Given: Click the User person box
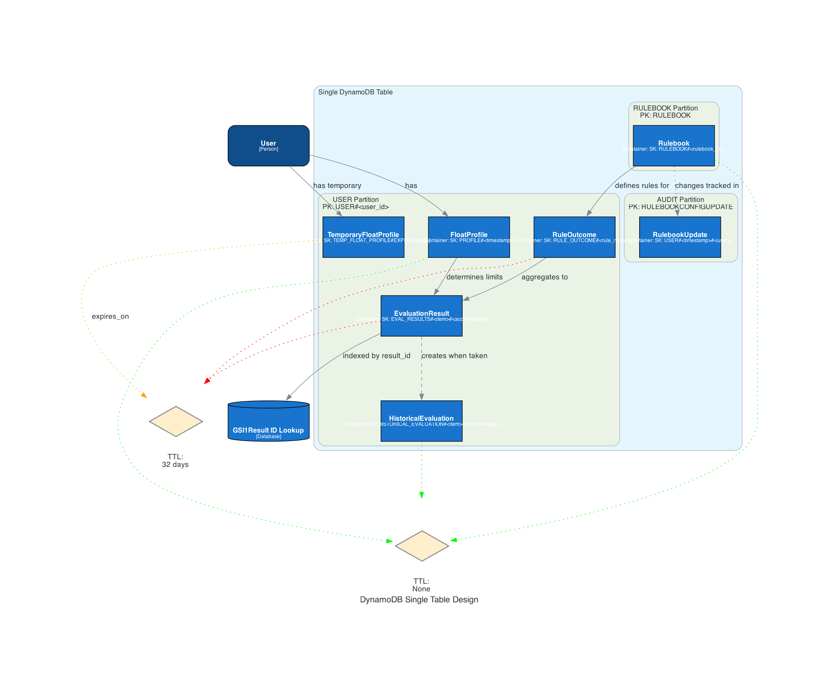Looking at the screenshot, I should click(x=268, y=146).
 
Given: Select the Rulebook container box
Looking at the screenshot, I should click(x=673, y=146).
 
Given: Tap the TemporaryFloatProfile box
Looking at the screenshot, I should click(x=363, y=237).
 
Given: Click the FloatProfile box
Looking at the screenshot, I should click(x=469, y=237).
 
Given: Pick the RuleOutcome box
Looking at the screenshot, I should click(x=574, y=237).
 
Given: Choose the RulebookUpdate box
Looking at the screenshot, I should click(x=680, y=237).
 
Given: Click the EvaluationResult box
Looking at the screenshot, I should click(x=421, y=316).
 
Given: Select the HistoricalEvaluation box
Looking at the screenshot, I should click(x=421, y=421).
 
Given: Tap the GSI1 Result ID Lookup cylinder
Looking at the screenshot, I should click(x=268, y=422).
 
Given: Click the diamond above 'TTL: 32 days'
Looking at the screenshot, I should click(x=176, y=422).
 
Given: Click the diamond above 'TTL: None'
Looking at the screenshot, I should click(x=422, y=546).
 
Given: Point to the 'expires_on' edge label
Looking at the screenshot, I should click(x=110, y=316).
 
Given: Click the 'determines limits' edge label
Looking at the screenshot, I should click(x=475, y=277).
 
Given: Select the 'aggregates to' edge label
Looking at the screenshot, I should click(x=544, y=277).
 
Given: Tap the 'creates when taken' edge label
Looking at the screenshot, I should click(x=454, y=356).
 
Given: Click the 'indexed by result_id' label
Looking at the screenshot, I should click(x=376, y=356).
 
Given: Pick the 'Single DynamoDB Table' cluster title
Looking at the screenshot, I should click(x=355, y=92).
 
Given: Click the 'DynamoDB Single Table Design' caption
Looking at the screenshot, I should click(x=419, y=599).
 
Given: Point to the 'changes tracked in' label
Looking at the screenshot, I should click(x=707, y=185).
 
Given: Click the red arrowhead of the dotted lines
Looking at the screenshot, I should click(x=207, y=381).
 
